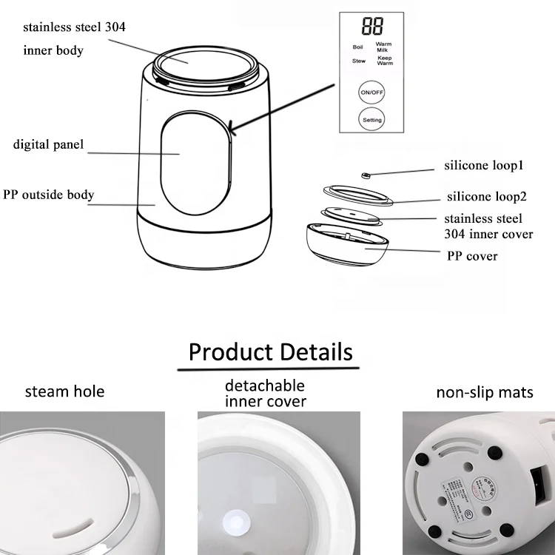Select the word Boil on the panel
click(x=358, y=47)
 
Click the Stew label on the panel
click(x=358, y=61)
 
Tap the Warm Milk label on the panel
click(x=383, y=47)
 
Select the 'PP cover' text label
click(x=472, y=256)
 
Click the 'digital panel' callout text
click(x=48, y=144)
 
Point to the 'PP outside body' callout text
click(x=48, y=195)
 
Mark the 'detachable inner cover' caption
click(x=265, y=394)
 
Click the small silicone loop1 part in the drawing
click(x=366, y=175)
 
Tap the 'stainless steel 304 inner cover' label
click(x=488, y=226)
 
